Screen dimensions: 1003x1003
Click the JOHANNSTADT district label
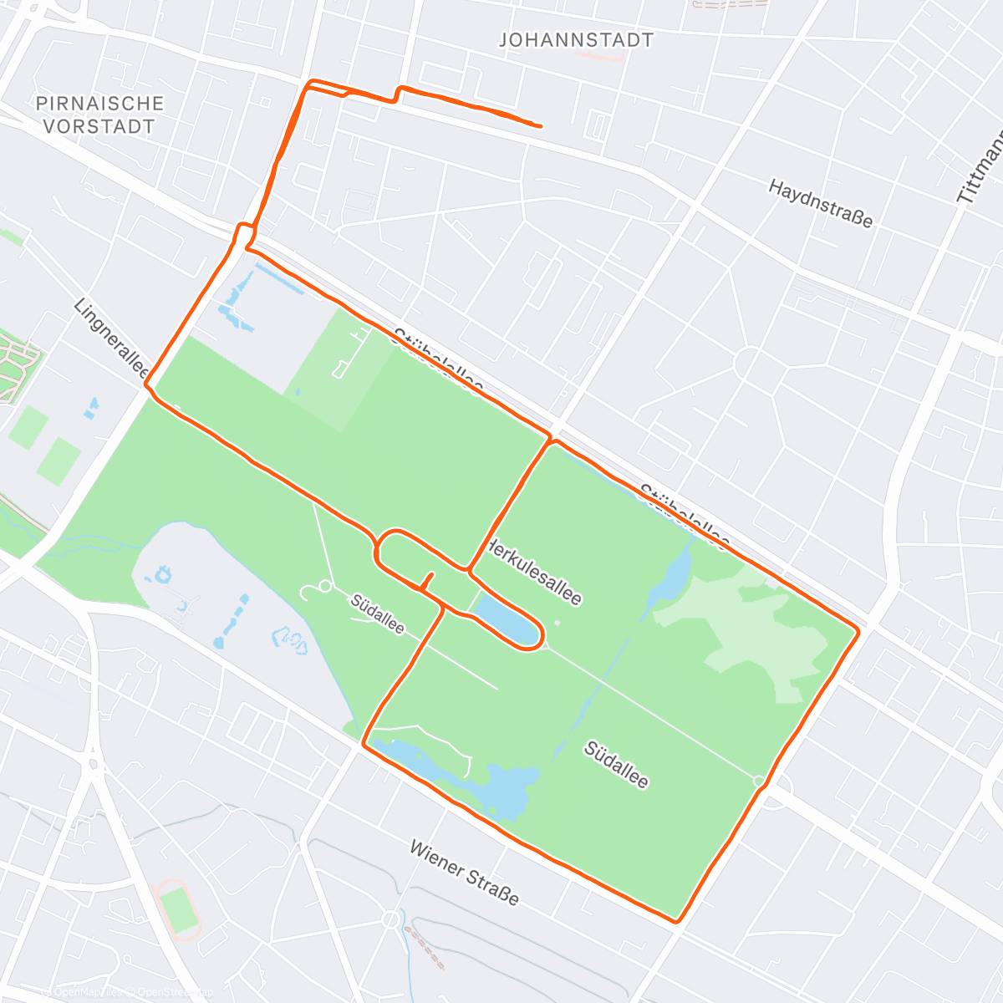tap(576, 40)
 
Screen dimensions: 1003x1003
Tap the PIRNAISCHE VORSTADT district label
tap(99, 115)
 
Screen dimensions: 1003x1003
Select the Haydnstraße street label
tap(821, 203)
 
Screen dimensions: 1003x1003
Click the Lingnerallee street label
tap(111, 339)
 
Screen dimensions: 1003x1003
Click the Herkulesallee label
tap(534, 573)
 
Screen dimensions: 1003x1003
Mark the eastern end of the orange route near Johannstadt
tap(540, 126)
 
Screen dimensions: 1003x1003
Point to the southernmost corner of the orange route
tap(677, 921)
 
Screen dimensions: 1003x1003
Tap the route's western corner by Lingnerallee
tap(146, 385)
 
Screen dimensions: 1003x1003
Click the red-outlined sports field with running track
tap(178, 909)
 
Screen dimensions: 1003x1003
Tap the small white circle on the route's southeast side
tap(759, 782)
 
